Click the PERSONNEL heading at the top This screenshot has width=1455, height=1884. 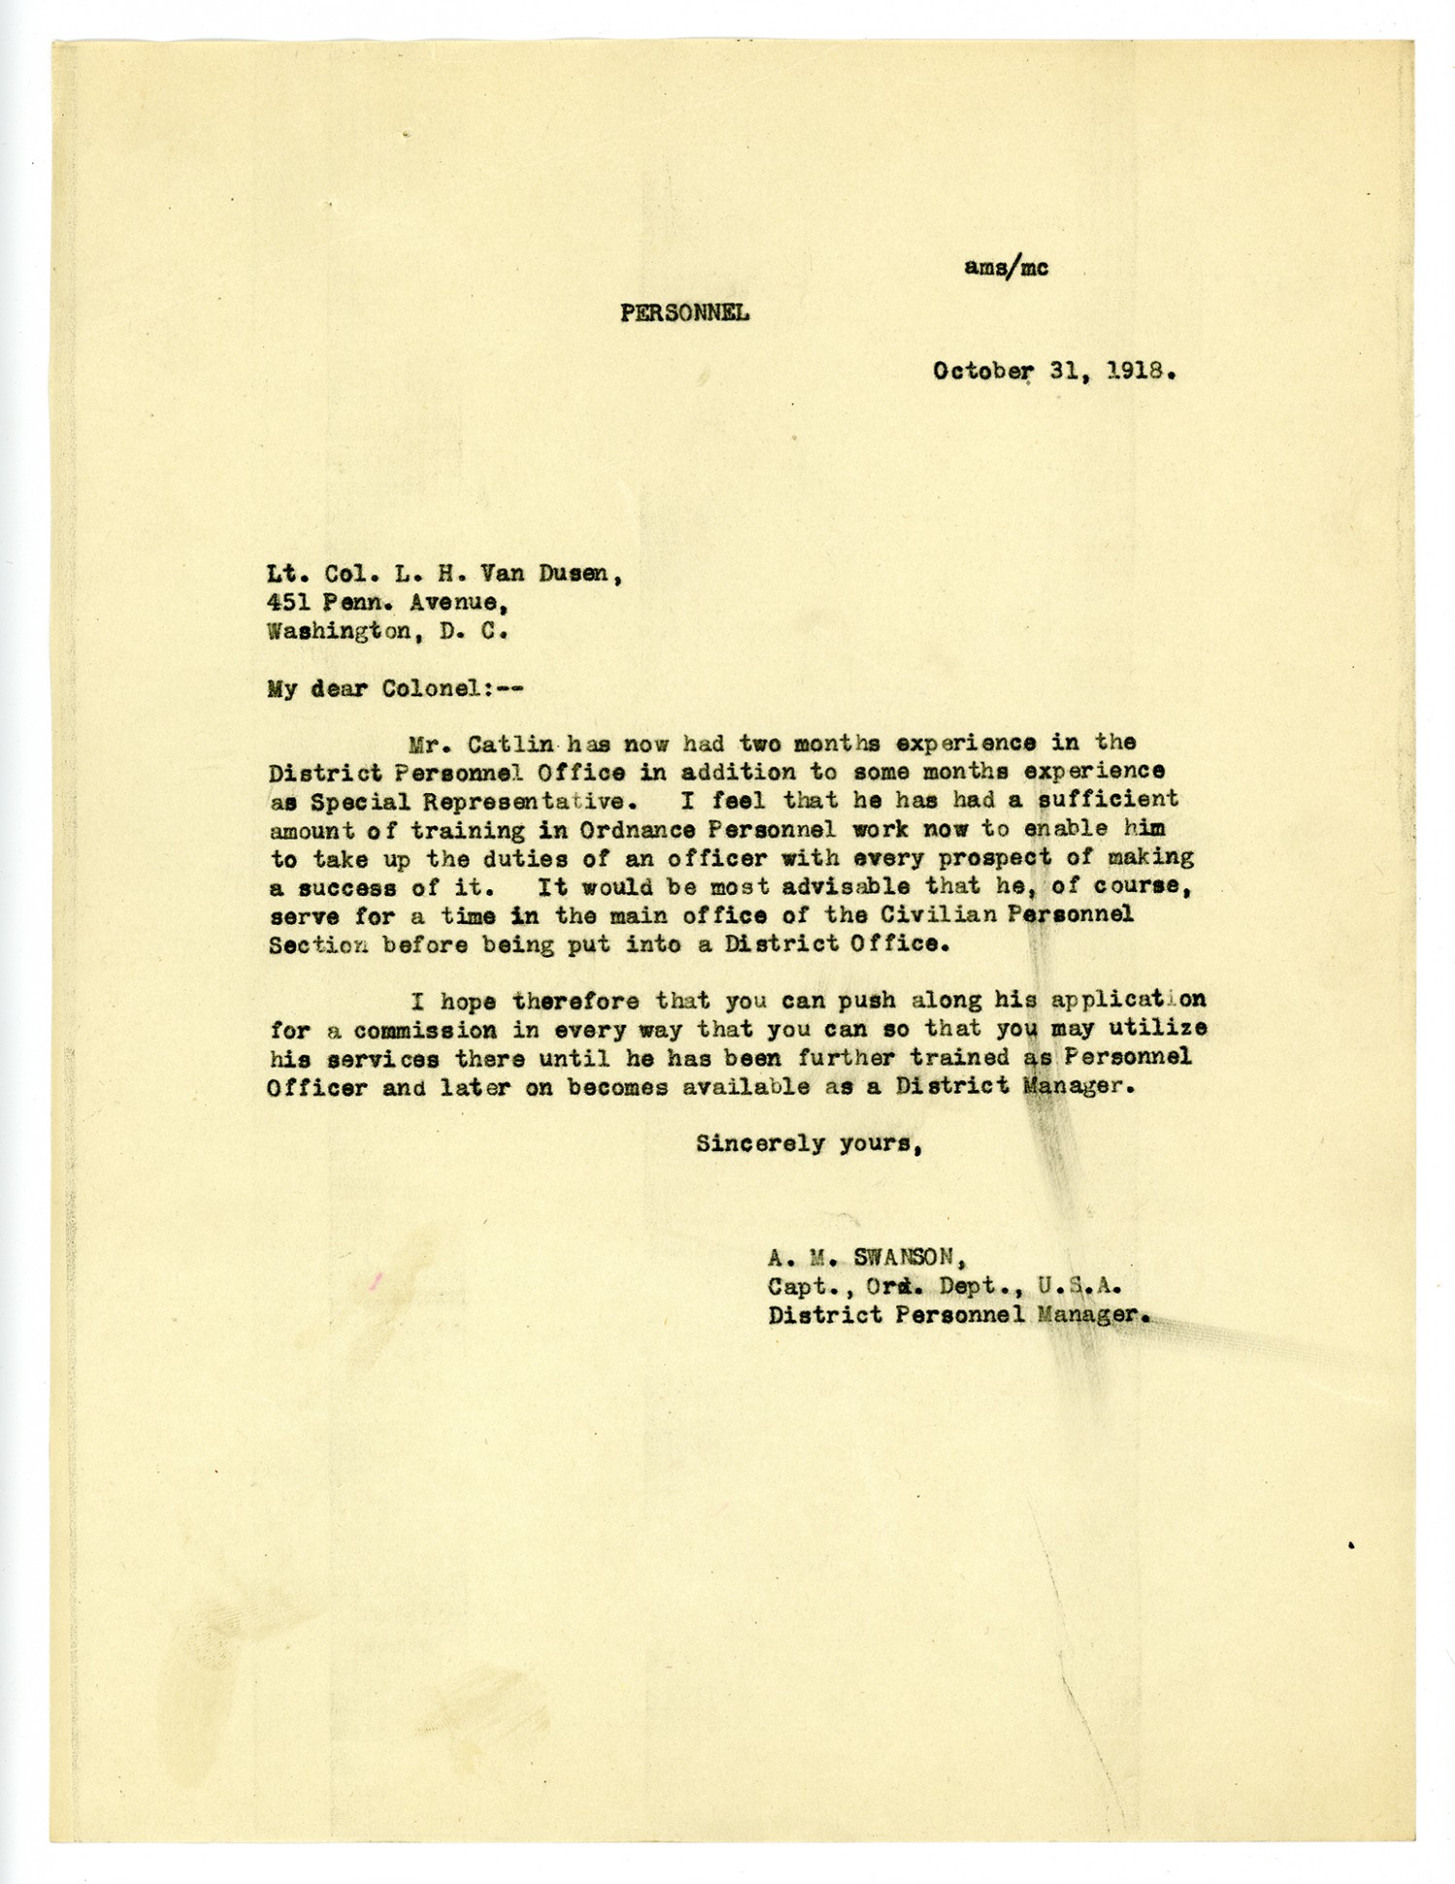tap(684, 313)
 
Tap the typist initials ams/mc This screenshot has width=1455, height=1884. tap(1006, 269)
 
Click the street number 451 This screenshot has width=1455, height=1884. tap(289, 603)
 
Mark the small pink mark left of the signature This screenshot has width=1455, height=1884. tap(376, 1282)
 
